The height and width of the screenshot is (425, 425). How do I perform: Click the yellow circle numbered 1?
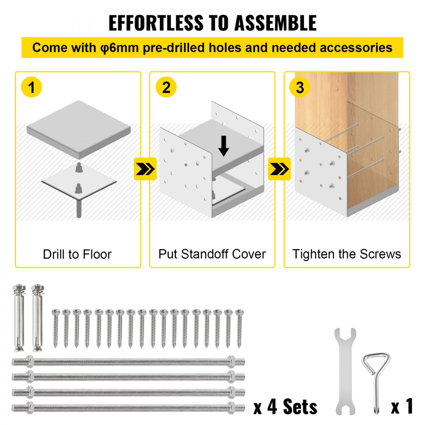pyautogui.click(x=31, y=88)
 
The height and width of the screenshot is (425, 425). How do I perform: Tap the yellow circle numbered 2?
pyautogui.click(x=166, y=88)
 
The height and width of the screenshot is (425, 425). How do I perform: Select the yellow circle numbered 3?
pyautogui.click(x=300, y=88)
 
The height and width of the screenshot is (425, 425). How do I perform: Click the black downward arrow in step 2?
pyautogui.click(x=224, y=147)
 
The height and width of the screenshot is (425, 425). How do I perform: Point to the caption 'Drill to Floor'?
pyautogui.click(x=77, y=255)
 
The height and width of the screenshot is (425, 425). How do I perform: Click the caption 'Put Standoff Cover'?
pyautogui.click(x=212, y=255)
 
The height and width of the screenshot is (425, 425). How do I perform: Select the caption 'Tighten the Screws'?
pyautogui.click(x=347, y=255)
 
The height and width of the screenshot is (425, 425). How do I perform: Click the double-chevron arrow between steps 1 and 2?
pyautogui.click(x=145, y=169)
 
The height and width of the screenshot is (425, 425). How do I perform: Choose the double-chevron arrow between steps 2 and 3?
pyautogui.click(x=279, y=169)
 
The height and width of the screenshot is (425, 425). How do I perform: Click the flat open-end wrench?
pyautogui.click(x=345, y=370)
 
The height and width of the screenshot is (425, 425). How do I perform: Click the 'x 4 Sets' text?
pyautogui.click(x=285, y=407)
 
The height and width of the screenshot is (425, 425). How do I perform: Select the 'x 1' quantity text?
pyautogui.click(x=402, y=407)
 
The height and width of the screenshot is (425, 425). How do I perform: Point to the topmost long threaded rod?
pyautogui.click(x=127, y=362)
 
